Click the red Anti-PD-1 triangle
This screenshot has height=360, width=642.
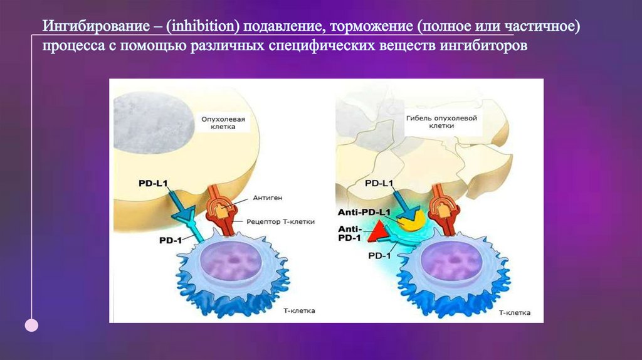(377, 234)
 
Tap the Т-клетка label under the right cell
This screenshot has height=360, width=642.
(514, 312)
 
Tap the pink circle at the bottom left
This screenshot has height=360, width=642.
(31, 325)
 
